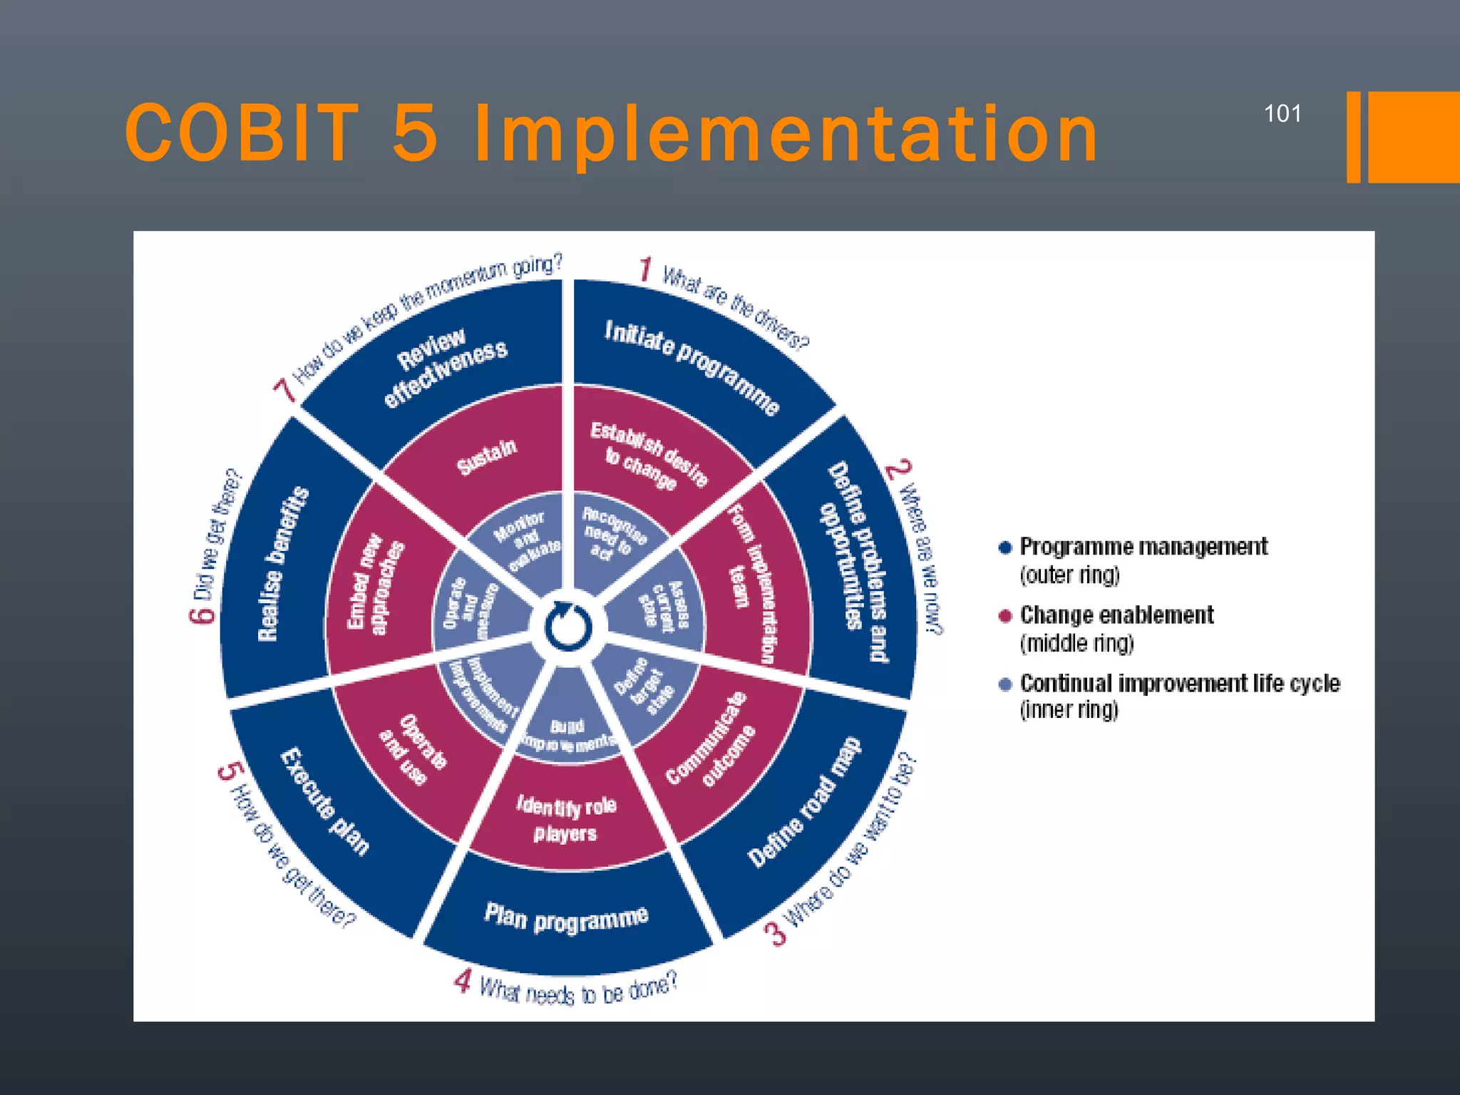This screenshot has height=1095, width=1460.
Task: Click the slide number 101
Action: pos(1282,114)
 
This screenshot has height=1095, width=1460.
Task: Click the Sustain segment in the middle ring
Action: pos(487,456)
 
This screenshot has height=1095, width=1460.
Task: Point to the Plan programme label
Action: pos(567,918)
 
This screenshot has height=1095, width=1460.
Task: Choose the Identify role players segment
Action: pos(566,819)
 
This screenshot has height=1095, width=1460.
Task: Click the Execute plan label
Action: pos(325,801)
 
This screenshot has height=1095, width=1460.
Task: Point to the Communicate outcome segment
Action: pos(710,739)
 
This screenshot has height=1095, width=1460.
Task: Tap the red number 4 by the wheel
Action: pos(463,982)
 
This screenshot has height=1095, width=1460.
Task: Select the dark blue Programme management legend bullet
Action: pos(1005,547)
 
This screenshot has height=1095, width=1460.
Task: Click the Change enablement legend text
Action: pos(1116,615)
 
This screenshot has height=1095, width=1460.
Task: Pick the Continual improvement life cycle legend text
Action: pos(1180,683)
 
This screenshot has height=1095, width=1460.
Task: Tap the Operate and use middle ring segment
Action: pos(413,749)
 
